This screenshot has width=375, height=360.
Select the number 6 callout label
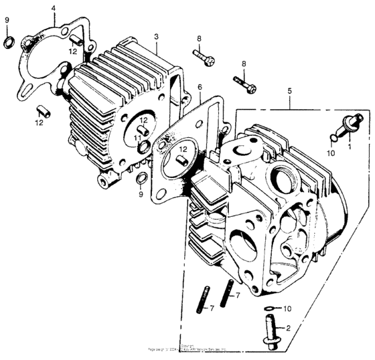(x=199, y=88)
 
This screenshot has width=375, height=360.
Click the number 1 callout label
(x=349, y=145)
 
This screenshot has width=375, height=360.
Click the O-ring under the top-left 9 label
(x=8, y=43)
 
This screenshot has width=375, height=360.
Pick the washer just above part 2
(x=269, y=309)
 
